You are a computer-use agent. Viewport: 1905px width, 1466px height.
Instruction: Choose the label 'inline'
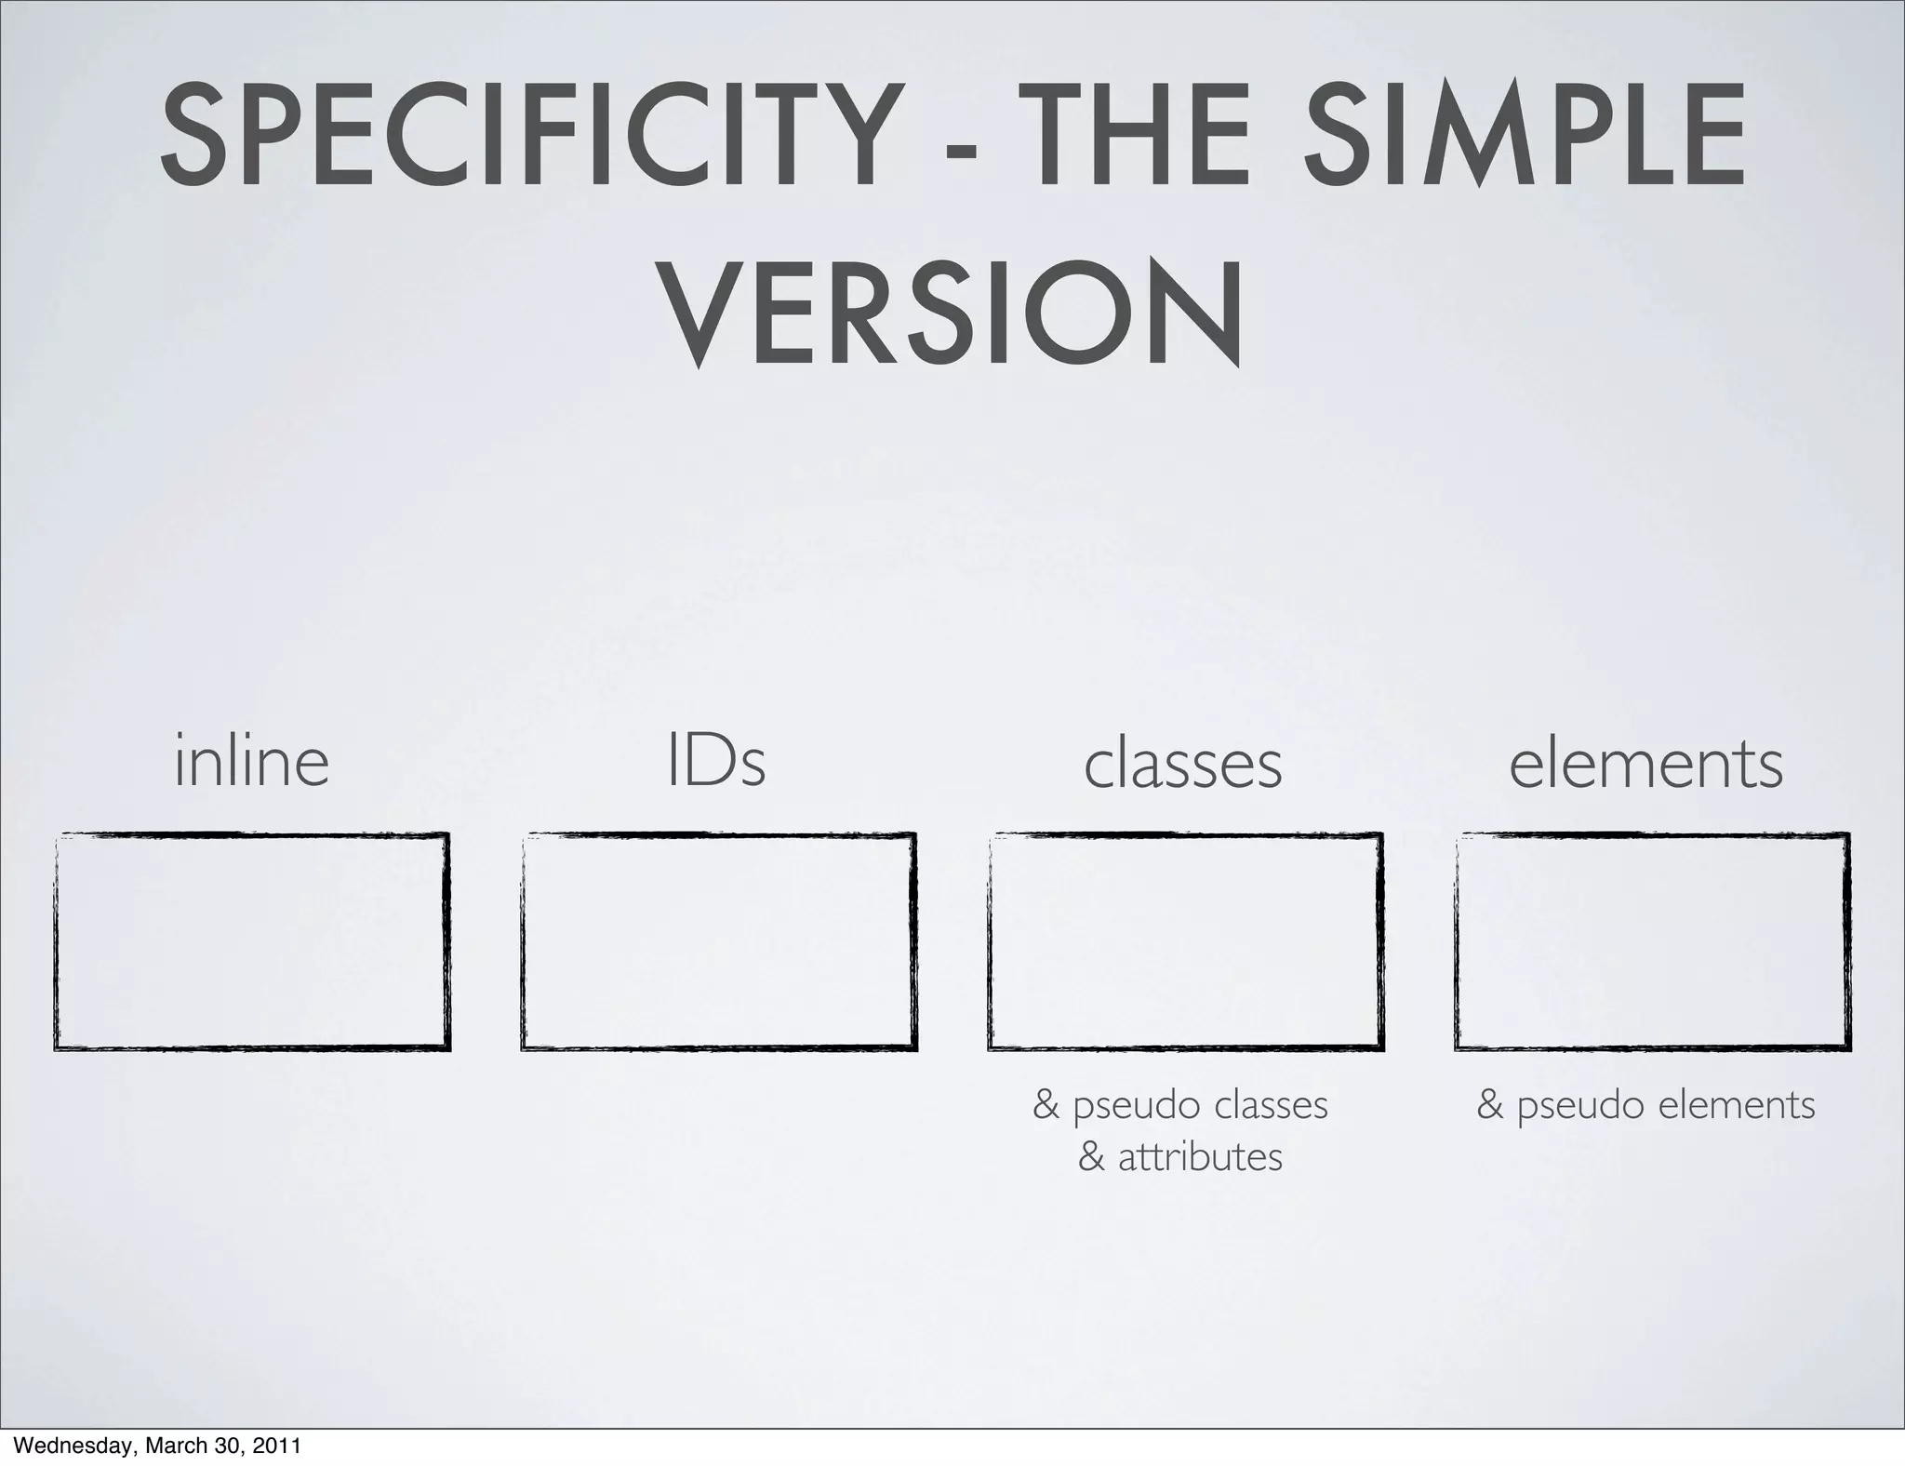click(x=251, y=762)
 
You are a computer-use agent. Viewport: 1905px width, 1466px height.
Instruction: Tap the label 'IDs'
click(x=716, y=762)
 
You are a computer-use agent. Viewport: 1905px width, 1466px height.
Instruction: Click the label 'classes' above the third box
click(x=1182, y=765)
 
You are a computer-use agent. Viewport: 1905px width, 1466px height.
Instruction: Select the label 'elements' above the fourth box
click(x=1645, y=765)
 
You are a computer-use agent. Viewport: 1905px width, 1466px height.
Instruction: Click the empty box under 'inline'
click(x=252, y=941)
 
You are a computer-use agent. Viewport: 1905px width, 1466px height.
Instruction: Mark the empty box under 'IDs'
click(x=718, y=941)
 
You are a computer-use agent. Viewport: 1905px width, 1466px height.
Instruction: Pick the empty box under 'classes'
click(x=1185, y=941)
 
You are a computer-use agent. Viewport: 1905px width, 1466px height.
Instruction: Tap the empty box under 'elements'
click(x=1652, y=941)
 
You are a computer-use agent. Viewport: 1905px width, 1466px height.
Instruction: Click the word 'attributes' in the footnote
click(x=1200, y=1158)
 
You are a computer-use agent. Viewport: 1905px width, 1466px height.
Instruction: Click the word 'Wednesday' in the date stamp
click(x=64, y=1447)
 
